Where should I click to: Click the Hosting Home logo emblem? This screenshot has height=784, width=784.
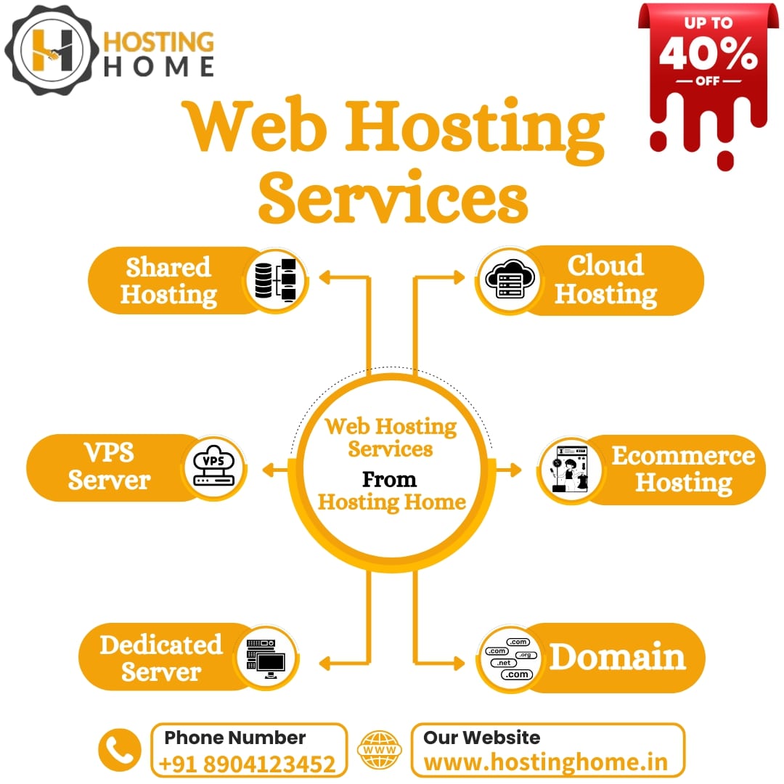pyautogui.click(x=50, y=49)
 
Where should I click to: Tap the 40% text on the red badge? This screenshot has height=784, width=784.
pyautogui.click(x=709, y=55)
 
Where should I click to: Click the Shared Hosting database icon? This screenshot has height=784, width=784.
pyautogui.click(x=277, y=280)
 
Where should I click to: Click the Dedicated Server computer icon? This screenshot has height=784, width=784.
pyautogui.click(x=266, y=658)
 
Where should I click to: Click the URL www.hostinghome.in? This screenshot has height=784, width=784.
pyautogui.click(x=545, y=763)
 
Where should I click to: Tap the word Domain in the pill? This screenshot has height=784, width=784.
pyautogui.click(x=617, y=658)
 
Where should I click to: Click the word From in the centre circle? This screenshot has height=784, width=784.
pyautogui.click(x=389, y=480)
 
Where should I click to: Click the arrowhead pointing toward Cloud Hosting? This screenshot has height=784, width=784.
pyautogui.click(x=459, y=277)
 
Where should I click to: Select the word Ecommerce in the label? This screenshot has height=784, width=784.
pyautogui.click(x=683, y=456)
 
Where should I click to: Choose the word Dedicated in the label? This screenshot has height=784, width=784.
pyautogui.click(x=160, y=645)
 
